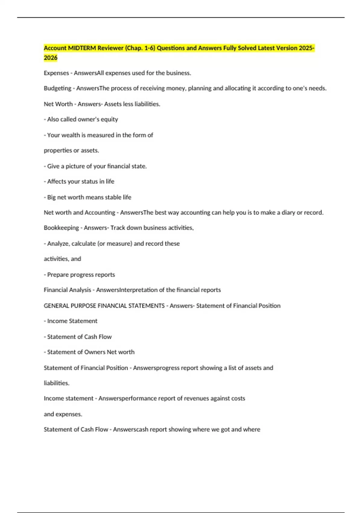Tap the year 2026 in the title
50,58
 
